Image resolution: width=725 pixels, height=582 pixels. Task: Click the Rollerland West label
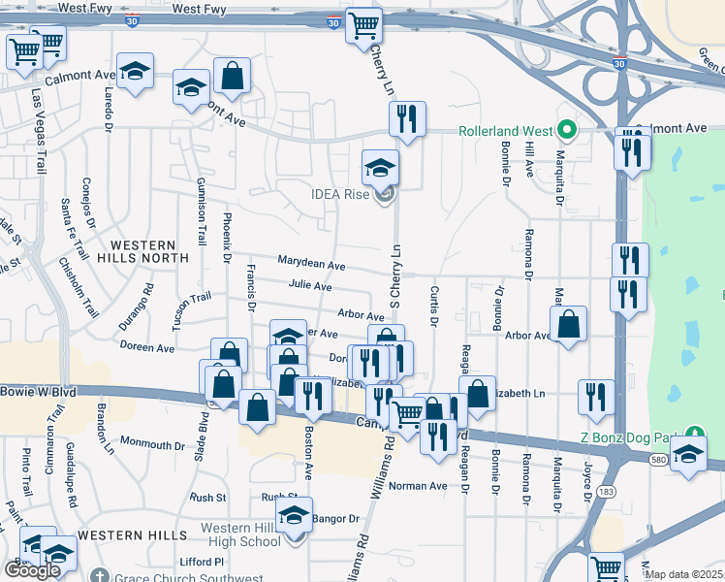[x=505, y=129]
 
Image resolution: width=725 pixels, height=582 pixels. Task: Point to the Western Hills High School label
[x=239, y=533]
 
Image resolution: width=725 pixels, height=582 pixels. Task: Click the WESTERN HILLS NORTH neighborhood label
[x=148, y=251]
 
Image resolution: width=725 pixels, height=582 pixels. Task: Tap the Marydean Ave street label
[x=311, y=265]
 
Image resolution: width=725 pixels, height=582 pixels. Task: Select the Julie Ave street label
[x=310, y=287]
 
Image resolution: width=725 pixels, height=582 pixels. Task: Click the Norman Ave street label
[x=418, y=485]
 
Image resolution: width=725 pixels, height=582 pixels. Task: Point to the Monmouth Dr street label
[x=152, y=445]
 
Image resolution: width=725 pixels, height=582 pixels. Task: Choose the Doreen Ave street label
[x=147, y=346]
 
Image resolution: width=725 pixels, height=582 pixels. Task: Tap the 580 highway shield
[x=659, y=459]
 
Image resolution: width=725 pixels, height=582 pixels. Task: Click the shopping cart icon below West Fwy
[x=363, y=26]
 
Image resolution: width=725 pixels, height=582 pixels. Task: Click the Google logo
[x=32, y=570]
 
